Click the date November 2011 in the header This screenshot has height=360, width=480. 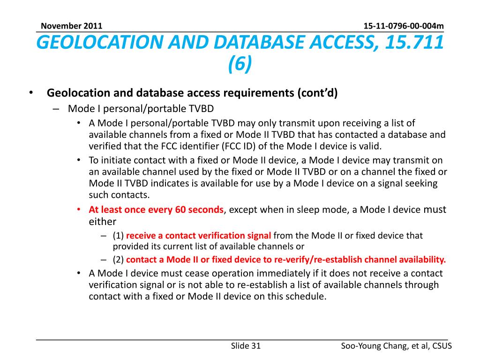tap(71, 26)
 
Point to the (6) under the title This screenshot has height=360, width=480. tap(240, 64)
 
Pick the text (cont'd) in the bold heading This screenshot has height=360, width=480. tap(317, 93)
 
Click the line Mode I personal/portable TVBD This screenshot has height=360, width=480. tap(141, 109)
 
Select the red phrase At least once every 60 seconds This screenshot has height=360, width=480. tap(156, 210)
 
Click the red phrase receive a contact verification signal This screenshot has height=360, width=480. tap(199, 235)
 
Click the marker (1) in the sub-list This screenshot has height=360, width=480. tap(118, 235)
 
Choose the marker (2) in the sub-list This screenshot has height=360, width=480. tap(118, 260)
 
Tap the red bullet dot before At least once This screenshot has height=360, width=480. tap(79, 210)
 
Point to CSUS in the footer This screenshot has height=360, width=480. tap(441, 346)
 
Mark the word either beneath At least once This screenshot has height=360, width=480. tap(102, 221)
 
